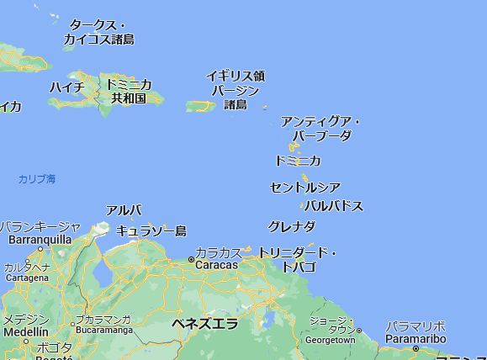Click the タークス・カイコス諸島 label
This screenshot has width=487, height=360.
point(99,32)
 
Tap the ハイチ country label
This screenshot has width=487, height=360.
point(66,87)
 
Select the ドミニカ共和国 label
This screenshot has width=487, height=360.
point(130,92)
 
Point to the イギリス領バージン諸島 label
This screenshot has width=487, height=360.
point(236,90)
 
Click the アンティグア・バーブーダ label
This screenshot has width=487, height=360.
point(320,129)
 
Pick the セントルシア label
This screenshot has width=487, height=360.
point(305,188)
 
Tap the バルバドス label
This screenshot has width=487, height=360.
point(333,206)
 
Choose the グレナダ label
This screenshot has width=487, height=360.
point(292,226)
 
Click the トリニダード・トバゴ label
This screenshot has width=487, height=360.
point(297,260)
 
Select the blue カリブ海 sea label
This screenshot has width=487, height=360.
point(37,179)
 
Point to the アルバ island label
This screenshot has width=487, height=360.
point(124,210)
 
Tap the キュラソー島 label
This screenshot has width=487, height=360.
point(151,230)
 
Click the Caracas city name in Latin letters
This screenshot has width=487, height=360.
point(217,265)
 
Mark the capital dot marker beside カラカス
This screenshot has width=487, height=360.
point(191,261)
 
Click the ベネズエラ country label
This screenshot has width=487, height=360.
point(204,324)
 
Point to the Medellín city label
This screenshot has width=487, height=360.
point(24,332)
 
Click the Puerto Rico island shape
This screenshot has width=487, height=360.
point(202,106)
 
